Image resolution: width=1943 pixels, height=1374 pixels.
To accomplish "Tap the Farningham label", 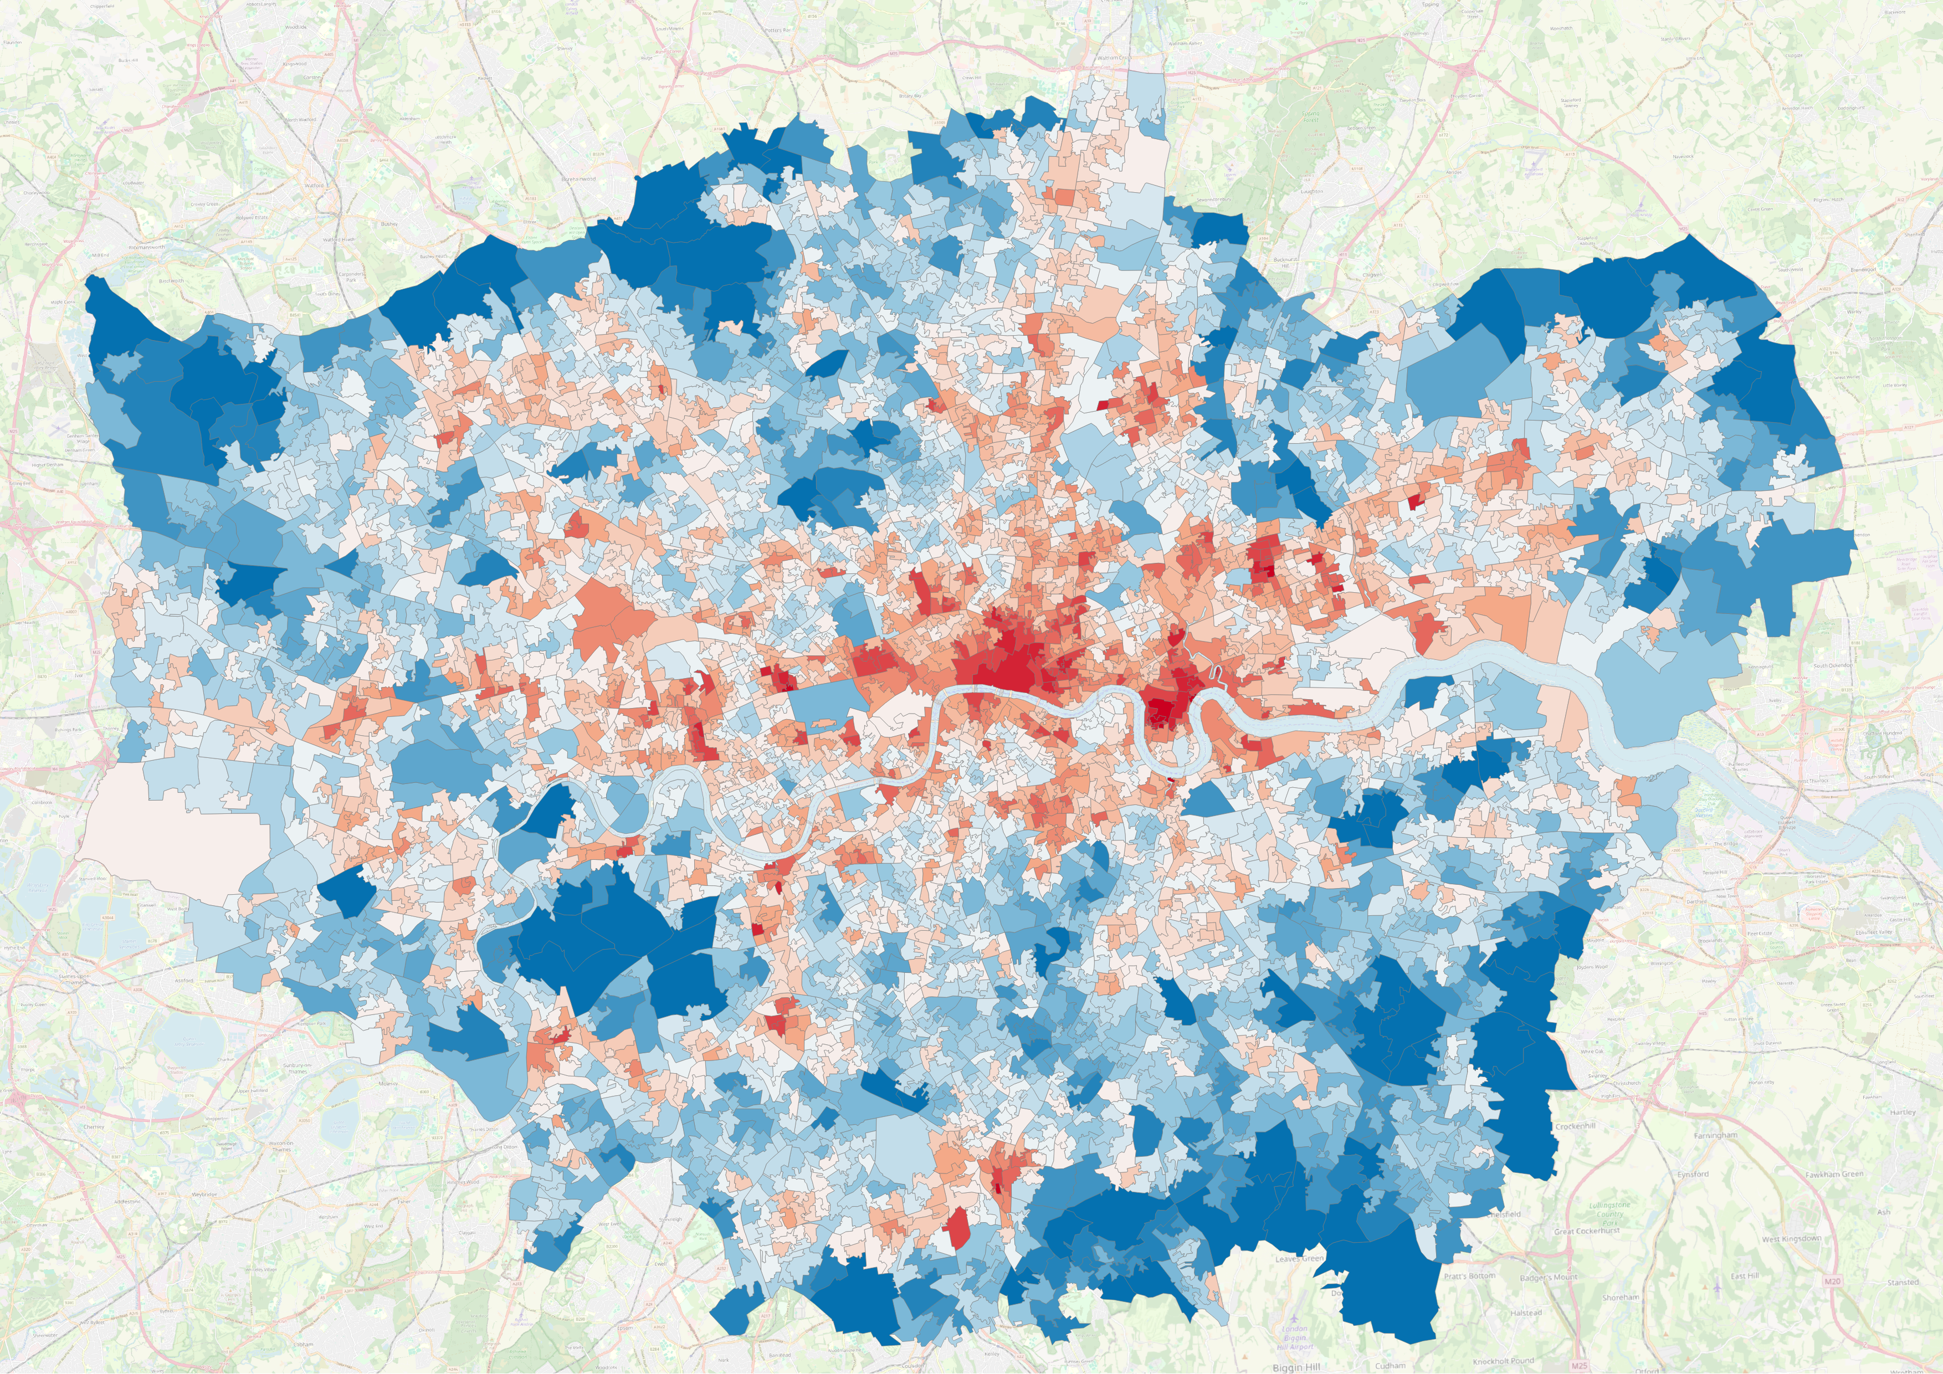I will pos(1715,1135).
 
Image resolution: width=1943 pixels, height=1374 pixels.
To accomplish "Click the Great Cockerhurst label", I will pos(1587,1231).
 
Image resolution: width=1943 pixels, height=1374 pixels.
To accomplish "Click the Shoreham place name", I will pos(1621,1297).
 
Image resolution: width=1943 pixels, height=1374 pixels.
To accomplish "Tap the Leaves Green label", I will pos(1299,1259).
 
